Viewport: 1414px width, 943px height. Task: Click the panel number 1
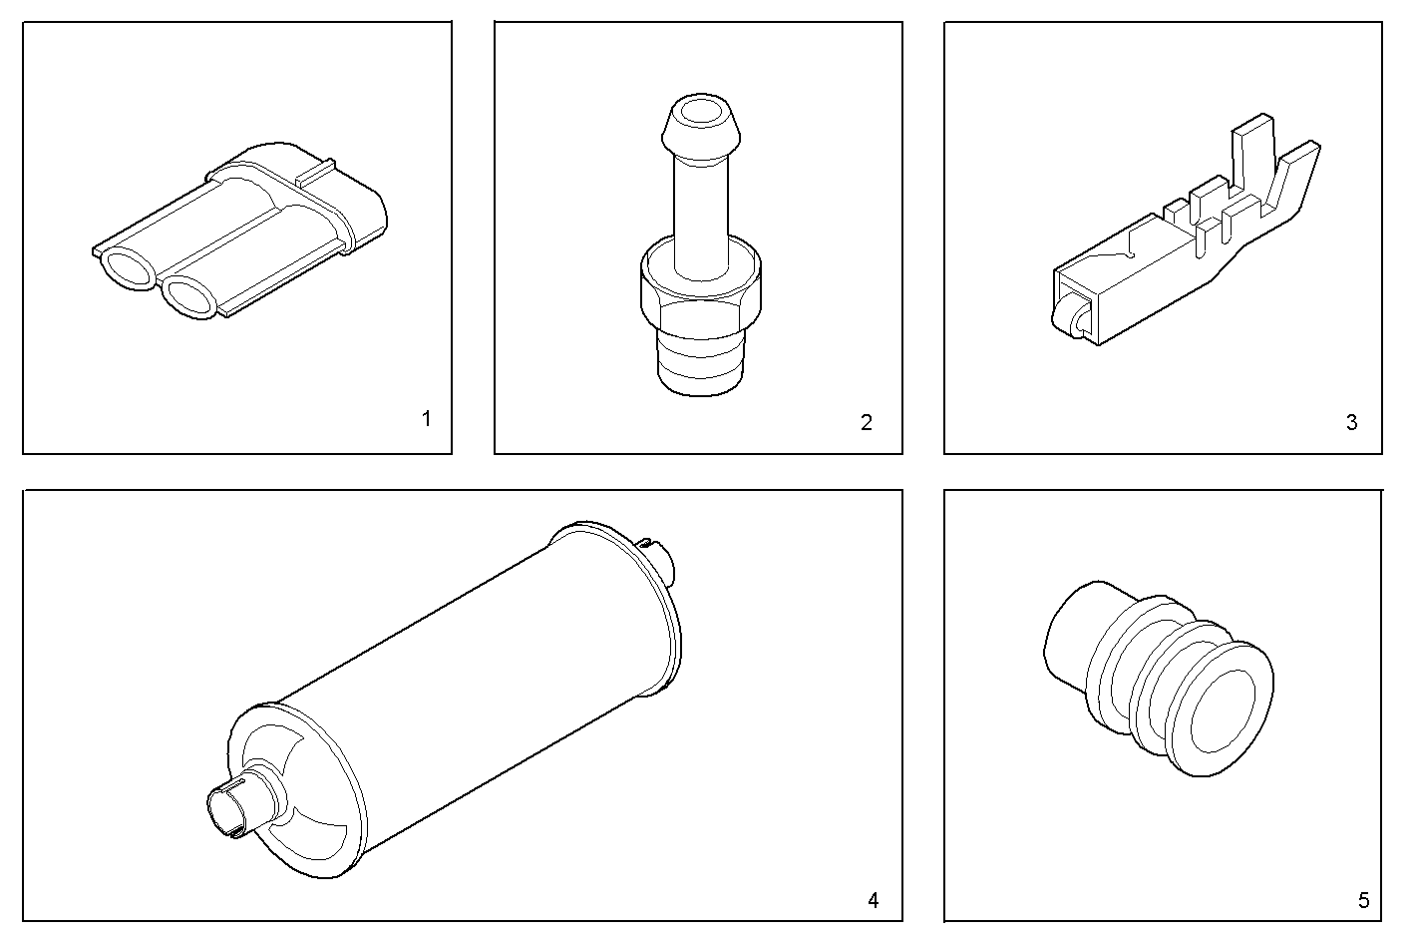coord(427,419)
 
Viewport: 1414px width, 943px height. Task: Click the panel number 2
coord(867,422)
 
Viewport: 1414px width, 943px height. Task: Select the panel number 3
coord(1351,422)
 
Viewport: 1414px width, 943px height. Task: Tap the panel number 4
coord(873,900)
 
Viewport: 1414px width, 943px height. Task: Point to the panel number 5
coord(1363,900)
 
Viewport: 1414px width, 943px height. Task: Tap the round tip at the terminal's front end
coord(1062,318)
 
